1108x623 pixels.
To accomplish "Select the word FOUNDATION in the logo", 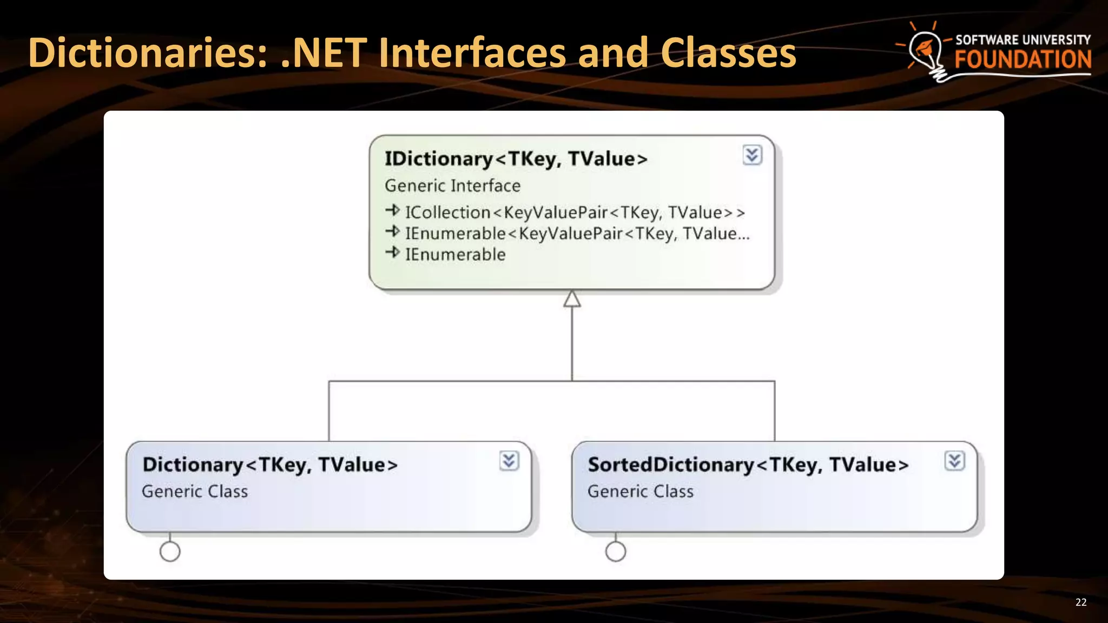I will click(x=1023, y=59).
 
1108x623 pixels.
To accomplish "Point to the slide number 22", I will click(x=1080, y=602).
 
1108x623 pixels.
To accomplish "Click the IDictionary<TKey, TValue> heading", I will click(x=516, y=159).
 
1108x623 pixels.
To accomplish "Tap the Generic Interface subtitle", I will click(x=452, y=186).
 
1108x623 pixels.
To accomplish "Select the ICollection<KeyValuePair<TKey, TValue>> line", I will click(x=575, y=213).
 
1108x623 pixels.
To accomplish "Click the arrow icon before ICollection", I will click(x=393, y=210).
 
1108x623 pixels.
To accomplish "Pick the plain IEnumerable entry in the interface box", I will click(x=455, y=255).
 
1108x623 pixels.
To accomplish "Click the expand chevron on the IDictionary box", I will click(x=752, y=155).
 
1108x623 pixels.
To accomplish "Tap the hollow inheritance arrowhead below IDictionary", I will click(x=572, y=299).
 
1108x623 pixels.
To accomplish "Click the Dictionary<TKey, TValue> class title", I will click(x=270, y=465).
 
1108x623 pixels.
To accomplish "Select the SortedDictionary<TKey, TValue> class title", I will click(x=748, y=465).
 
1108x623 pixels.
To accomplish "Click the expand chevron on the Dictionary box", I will click(x=509, y=461).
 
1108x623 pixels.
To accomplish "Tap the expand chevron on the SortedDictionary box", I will click(x=954, y=461).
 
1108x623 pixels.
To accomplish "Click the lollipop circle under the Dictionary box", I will click(x=170, y=552).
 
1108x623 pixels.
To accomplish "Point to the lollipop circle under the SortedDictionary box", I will click(x=616, y=552).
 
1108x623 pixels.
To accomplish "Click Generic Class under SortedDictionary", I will click(x=640, y=492).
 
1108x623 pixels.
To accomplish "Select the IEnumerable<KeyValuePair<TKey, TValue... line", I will click(x=577, y=234).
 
